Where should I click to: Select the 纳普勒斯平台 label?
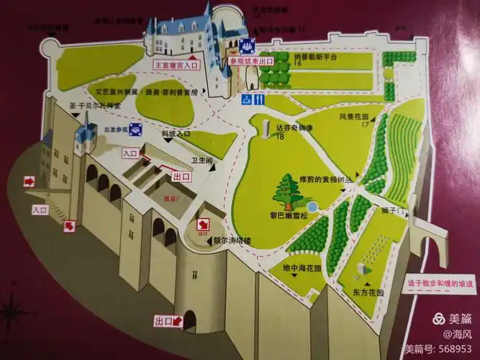316,57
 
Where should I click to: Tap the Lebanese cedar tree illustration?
291,190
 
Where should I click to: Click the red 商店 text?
170,198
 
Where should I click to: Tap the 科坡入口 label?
175,133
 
